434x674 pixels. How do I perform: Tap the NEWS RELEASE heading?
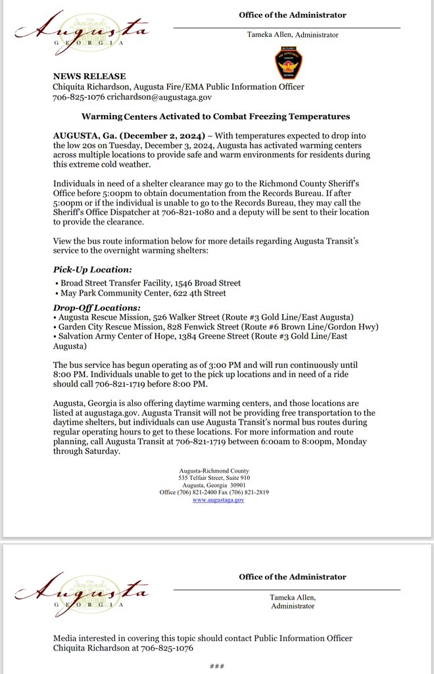click(x=89, y=76)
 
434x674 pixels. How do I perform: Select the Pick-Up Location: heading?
click(x=92, y=270)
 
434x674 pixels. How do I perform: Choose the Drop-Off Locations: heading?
click(x=96, y=307)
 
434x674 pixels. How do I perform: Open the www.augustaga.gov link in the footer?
click(x=218, y=500)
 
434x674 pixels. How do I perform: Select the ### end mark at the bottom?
click(x=217, y=666)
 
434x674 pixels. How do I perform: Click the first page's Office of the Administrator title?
click(x=293, y=15)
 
